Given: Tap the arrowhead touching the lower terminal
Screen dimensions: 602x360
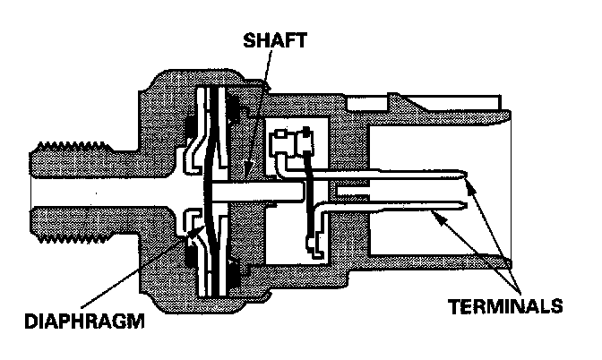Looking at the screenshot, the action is click(x=431, y=212).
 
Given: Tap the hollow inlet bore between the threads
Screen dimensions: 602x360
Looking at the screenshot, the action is click(x=81, y=189).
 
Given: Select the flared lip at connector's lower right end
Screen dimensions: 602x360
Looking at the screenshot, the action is click(x=502, y=262).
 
